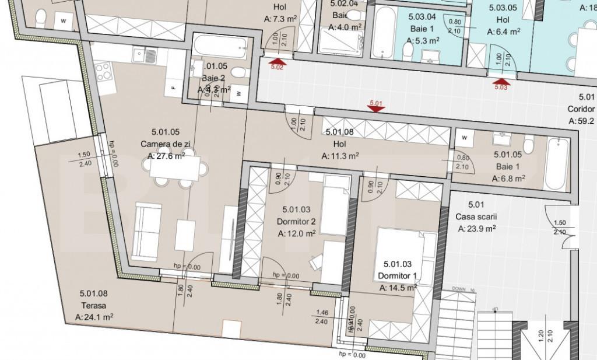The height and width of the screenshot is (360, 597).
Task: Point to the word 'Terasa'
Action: tap(93, 306)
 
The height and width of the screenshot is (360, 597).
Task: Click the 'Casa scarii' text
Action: tap(476, 216)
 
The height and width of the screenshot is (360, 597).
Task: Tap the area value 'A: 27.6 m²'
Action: tap(166, 156)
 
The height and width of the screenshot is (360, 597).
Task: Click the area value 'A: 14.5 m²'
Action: tap(398, 288)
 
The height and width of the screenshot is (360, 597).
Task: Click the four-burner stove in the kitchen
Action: tap(104, 72)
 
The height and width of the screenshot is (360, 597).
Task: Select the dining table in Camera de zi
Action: tap(174, 167)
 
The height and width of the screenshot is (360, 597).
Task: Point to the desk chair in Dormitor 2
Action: tap(315, 263)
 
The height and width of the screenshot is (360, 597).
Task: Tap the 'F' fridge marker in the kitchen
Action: tap(174, 88)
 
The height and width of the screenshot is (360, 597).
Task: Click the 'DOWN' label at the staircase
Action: tap(458, 289)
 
